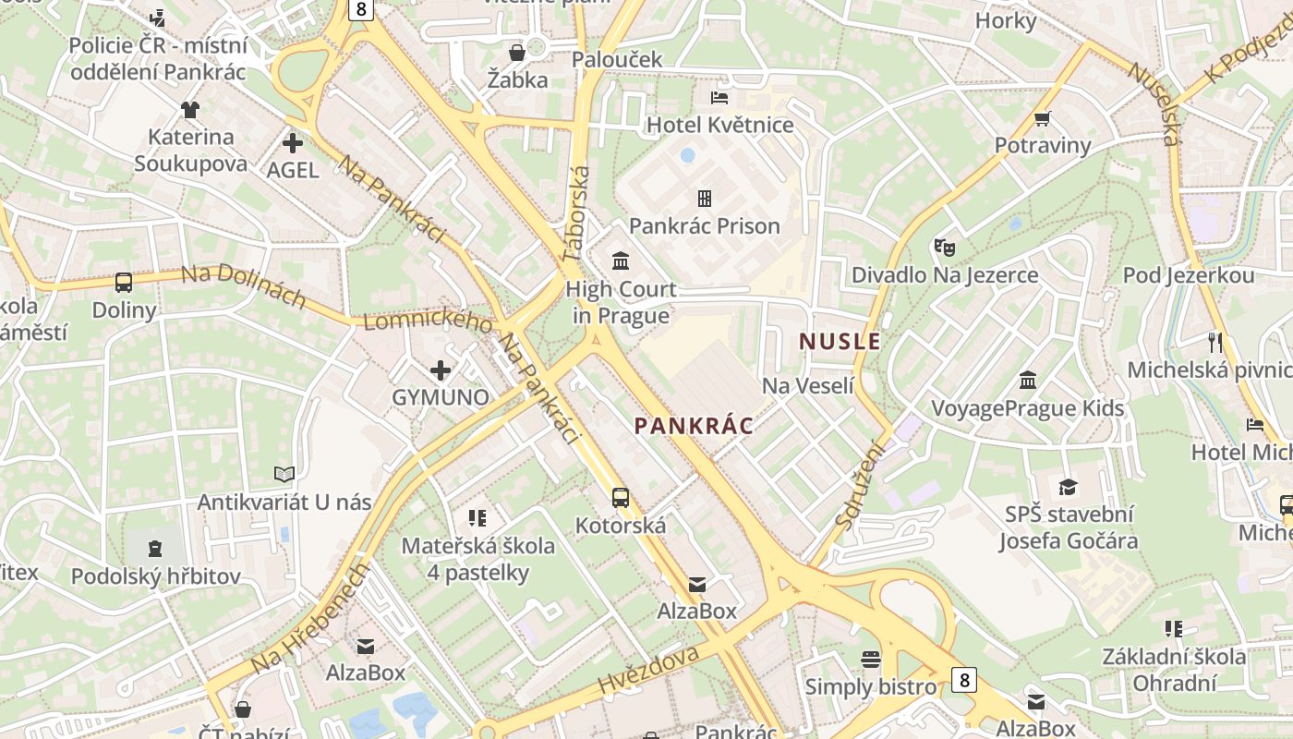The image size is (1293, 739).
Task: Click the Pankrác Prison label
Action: pyautogui.click(x=704, y=226)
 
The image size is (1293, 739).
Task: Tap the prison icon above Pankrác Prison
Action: pyautogui.click(x=704, y=198)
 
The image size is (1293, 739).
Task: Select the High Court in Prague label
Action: pyautogui.click(x=621, y=302)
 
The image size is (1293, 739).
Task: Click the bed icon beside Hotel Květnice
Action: pyautogui.click(x=719, y=97)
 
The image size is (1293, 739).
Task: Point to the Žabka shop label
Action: pyautogui.click(x=517, y=79)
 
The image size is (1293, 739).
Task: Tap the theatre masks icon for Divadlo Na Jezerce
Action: pyautogui.click(x=944, y=247)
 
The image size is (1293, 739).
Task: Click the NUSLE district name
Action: pyautogui.click(x=840, y=341)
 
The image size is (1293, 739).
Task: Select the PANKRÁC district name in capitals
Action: pyautogui.click(x=694, y=426)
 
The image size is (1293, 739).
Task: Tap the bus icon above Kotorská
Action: pyautogui.click(x=621, y=498)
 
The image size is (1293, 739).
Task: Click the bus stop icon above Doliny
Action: pyautogui.click(x=124, y=282)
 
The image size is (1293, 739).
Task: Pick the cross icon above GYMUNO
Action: pyautogui.click(x=441, y=370)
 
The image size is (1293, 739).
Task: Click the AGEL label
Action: pyautogui.click(x=293, y=170)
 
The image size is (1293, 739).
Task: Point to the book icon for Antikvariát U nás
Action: pyautogui.click(x=284, y=475)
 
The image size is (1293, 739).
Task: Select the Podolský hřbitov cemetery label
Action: pyautogui.click(x=156, y=576)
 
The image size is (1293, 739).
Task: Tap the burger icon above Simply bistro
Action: pyautogui.click(x=870, y=659)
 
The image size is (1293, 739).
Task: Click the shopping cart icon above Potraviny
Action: pyautogui.click(x=1043, y=117)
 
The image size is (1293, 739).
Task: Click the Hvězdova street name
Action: pyautogui.click(x=648, y=670)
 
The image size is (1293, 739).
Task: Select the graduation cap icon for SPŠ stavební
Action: pyautogui.click(x=1068, y=487)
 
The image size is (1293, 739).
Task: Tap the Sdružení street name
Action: pyautogui.click(x=860, y=485)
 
